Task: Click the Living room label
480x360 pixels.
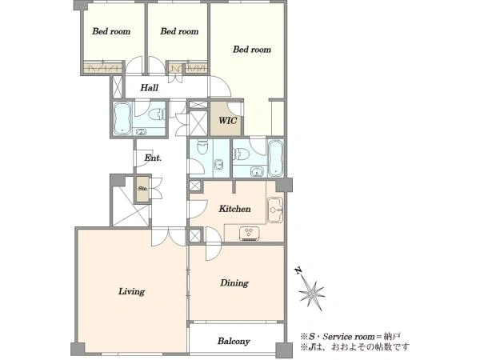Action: click(x=132, y=291)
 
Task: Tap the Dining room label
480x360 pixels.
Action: click(x=234, y=283)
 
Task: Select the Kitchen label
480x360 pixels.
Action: click(x=234, y=209)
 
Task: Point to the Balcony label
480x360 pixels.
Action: click(x=234, y=341)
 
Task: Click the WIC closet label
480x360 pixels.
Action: click(x=228, y=120)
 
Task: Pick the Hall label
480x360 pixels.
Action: click(x=150, y=88)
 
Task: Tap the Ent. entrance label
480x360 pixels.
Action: click(x=153, y=158)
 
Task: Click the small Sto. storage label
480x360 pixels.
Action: click(x=142, y=189)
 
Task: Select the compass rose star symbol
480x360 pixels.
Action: click(x=312, y=293)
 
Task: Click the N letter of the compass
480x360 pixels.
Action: click(x=298, y=270)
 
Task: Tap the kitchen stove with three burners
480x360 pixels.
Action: click(x=249, y=233)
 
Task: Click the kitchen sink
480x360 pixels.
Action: click(x=275, y=210)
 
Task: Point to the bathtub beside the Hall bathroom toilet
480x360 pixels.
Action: click(x=122, y=118)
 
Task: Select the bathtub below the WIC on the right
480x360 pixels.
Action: click(x=276, y=158)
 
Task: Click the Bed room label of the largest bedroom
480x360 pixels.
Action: click(x=252, y=50)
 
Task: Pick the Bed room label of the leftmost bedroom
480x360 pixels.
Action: click(x=111, y=31)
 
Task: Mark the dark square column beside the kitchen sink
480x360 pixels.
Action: click(x=283, y=186)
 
